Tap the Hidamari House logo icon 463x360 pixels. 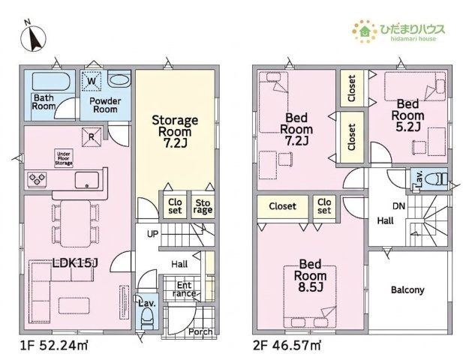point(365,31)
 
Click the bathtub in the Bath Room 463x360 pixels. point(50,81)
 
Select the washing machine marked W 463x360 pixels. point(92,81)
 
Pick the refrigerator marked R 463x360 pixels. point(92,136)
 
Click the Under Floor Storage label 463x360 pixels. point(64,158)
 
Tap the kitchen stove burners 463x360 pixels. point(37,179)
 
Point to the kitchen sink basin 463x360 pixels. point(87,180)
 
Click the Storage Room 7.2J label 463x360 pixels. point(175,131)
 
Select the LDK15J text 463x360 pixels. point(75,263)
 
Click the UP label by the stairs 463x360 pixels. point(152,234)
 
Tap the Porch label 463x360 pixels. point(200,331)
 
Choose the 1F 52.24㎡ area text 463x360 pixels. point(54,345)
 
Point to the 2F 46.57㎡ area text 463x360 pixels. point(287,345)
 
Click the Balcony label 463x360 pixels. point(407,289)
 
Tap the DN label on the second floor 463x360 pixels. point(398,206)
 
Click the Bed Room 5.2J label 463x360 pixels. point(407,115)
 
